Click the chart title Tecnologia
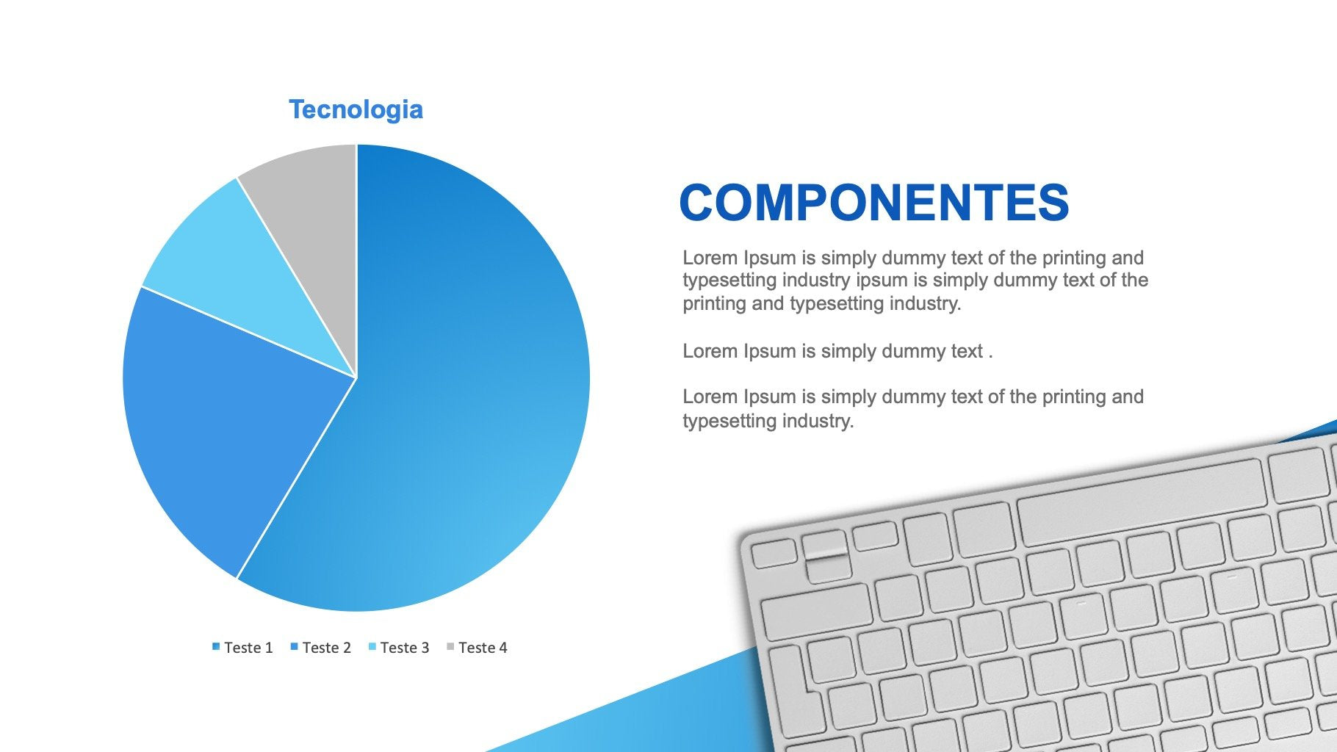click(x=356, y=109)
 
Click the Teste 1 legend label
click(x=248, y=648)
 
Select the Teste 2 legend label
click(x=327, y=648)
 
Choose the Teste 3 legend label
click(x=405, y=648)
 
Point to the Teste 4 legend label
click(x=483, y=648)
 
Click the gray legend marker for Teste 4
click(x=450, y=647)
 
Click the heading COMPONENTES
click(x=874, y=203)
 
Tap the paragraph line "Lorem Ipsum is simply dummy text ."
click(x=837, y=351)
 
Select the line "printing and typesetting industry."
click(x=822, y=303)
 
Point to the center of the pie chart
click(x=356, y=377)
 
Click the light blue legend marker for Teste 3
click(x=372, y=647)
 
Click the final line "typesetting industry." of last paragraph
click(x=768, y=421)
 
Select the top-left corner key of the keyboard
click(x=774, y=553)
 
